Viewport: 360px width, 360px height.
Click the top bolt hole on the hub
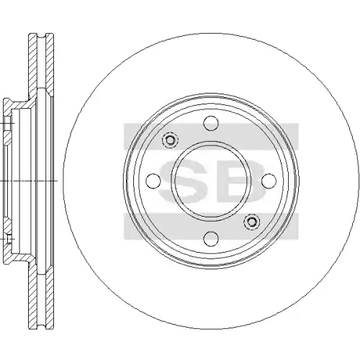pyautogui.click(x=211, y=123)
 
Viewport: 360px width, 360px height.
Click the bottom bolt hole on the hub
pyautogui.click(x=211, y=238)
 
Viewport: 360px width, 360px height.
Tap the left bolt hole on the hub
pyautogui.click(x=153, y=181)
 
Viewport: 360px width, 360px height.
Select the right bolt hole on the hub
pyautogui.click(x=269, y=181)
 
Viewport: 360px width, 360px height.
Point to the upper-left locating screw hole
pyautogui.click(x=170, y=140)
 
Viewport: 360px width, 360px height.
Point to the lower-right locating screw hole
pyautogui.click(x=251, y=222)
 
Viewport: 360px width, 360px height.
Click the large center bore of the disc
pyautogui.click(x=211, y=181)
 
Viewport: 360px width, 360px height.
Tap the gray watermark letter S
pyautogui.click(x=183, y=181)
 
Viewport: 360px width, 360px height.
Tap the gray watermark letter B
pyautogui.click(x=240, y=181)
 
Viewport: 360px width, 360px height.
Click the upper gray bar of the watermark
pyautogui.click(x=211, y=136)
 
